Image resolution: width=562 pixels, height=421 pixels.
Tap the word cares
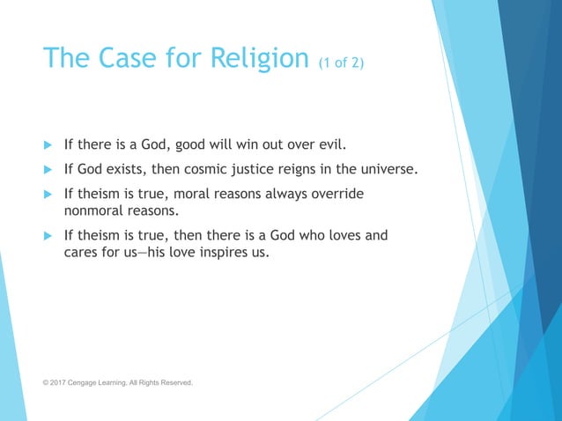coord(83,253)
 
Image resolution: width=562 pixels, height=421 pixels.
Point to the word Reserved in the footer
coord(174,383)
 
